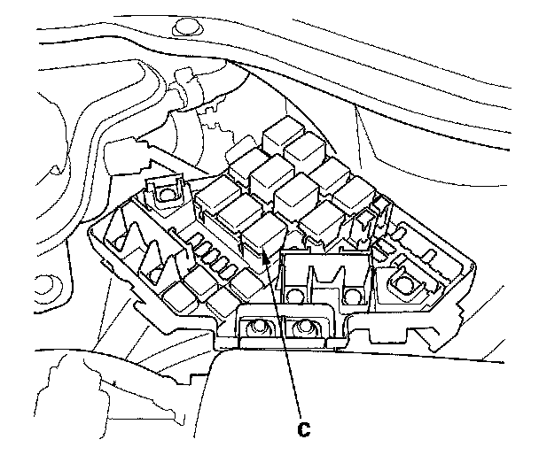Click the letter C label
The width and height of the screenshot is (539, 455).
point(301,429)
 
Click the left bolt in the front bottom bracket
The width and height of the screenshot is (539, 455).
point(259,328)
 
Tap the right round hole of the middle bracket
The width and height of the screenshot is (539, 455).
point(354,294)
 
